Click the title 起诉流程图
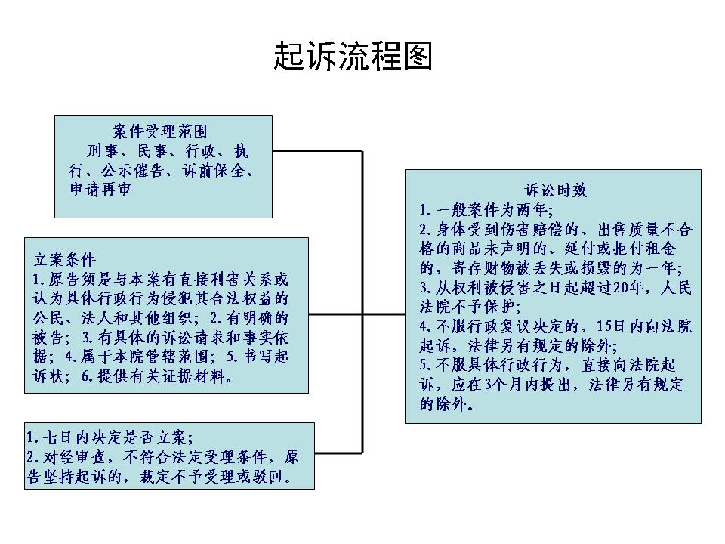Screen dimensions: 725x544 click(x=353, y=56)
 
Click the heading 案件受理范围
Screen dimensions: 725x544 click(x=160, y=131)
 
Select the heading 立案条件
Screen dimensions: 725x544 click(x=65, y=259)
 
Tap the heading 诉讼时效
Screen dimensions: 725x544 click(x=556, y=190)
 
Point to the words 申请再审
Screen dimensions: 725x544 click(x=100, y=189)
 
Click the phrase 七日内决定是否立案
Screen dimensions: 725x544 click(x=116, y=437)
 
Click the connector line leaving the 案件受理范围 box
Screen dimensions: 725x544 click(x=317, y=151)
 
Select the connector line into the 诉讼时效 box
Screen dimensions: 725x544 click(x=384, y=314)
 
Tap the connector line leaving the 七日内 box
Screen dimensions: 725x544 click(x=338, y=453)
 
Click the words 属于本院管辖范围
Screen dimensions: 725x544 click(x=144, y=357)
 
